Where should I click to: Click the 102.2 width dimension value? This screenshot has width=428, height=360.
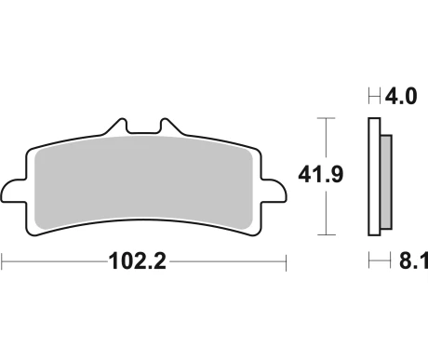point(138,261)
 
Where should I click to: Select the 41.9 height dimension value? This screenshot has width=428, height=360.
point(321,175)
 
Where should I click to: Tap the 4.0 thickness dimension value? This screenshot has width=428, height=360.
point(401,96)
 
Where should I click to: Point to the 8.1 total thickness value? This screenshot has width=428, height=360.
point(413,260)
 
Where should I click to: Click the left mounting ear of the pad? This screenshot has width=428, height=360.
point(12,191)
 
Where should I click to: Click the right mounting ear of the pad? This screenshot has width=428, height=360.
point(274,191)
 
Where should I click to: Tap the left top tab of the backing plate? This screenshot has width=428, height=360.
point(117,127)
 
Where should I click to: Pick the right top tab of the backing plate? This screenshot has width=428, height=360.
point(171,127)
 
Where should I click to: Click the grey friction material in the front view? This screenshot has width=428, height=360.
point(143,183)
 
